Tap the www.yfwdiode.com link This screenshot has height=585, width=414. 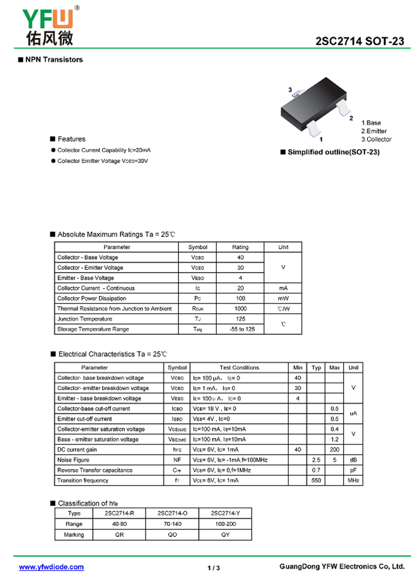pos(51,567)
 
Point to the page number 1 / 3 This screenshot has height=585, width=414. pos(214,568)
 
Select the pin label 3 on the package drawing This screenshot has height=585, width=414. pos(290,90)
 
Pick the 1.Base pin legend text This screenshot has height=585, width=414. pos(371,123)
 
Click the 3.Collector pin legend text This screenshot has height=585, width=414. pos(376,139)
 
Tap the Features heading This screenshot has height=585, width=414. pos(71,139)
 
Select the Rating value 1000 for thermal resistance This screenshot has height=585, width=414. pos(240,309)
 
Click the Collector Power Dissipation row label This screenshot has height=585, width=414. pos(92,298)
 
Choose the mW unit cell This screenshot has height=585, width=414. pos(283,298)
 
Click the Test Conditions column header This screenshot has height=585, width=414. pos(239,367)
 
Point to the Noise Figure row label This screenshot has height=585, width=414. pos(73,460)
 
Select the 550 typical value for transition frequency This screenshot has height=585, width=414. pos(316,480)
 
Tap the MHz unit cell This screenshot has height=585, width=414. pos(353,480)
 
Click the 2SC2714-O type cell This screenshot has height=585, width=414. pos(172,513)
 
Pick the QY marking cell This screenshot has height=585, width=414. pos(225,534)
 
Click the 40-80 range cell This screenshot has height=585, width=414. pos(119,524)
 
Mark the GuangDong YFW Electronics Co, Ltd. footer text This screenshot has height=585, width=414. pos(342,567)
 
